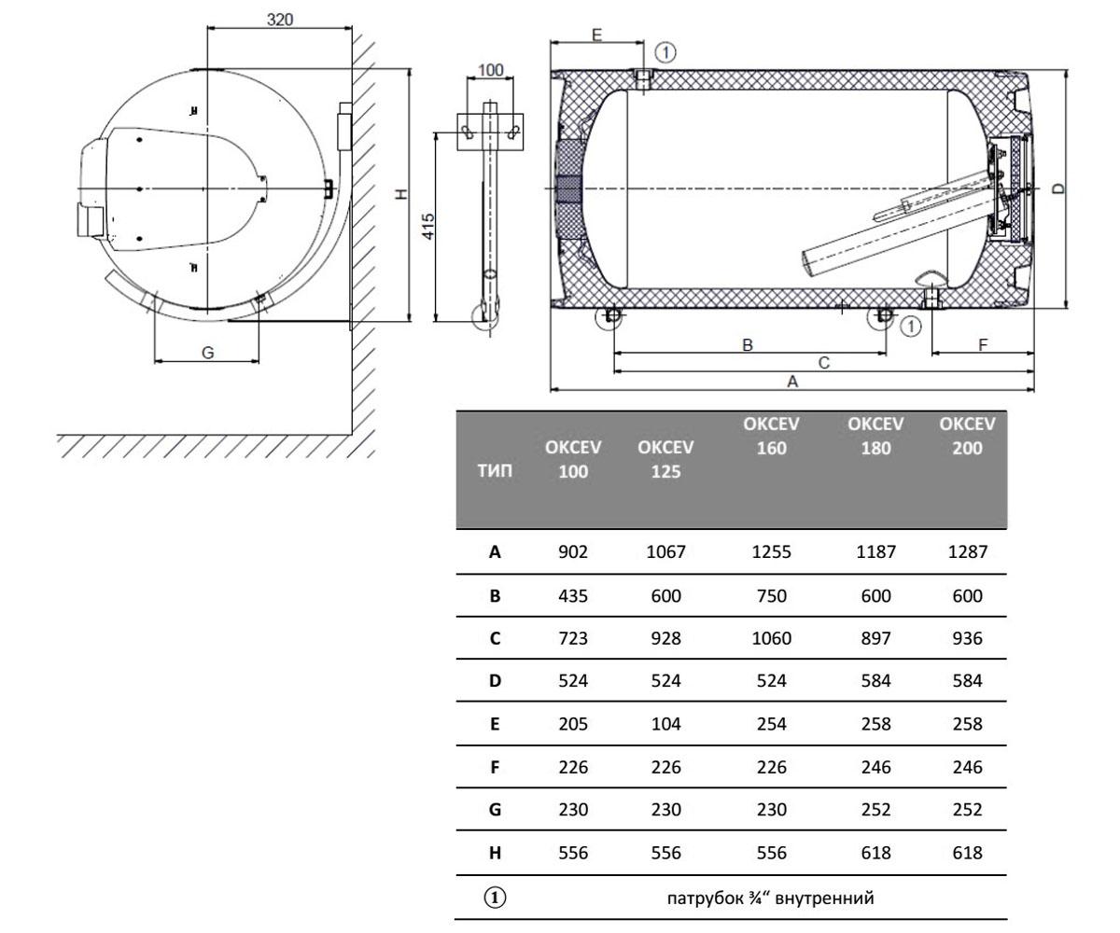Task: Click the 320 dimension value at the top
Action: pos(280,20)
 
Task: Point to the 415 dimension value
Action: pos(428,227)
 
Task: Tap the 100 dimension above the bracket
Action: pos(490,70)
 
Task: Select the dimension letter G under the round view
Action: pos(207,353)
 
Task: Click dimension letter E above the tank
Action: pos(596,35)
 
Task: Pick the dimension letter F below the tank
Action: pos(983,344)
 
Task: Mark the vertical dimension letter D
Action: pos(1058,188)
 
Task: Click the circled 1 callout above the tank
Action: pos(665,52)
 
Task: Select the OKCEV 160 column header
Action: pos(771,436)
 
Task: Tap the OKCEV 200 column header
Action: pos(967,436)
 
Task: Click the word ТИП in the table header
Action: pos(495,471)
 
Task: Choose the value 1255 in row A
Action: pos(771,551)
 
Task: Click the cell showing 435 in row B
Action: pos(573,596)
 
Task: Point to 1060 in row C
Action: pos(771,638)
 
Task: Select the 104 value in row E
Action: pos(665,724)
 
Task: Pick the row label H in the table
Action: pos(495,853)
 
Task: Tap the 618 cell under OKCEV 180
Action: pos(876,853)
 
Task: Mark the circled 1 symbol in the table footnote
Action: pos(495,898)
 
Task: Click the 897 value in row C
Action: pos(876,638)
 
